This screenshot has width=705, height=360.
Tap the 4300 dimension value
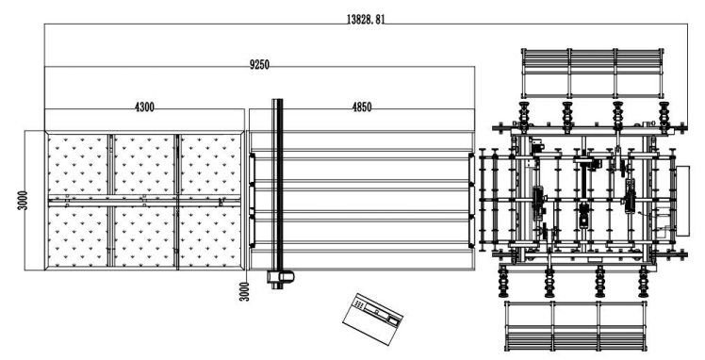(x=144, y=107)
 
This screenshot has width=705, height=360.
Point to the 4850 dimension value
(x=362, y=107)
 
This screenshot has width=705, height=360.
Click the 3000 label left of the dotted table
(x=33, y=201)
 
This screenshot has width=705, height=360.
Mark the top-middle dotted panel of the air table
(x=143, y=165)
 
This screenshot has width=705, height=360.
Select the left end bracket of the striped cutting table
(x=253, y=200)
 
